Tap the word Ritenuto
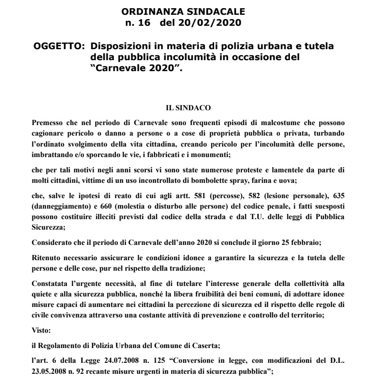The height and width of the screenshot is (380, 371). [45, 247]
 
